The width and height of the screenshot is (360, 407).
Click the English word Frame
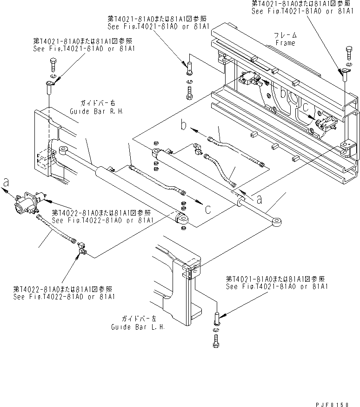(285, 42)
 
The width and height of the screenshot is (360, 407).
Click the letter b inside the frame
(283, 93)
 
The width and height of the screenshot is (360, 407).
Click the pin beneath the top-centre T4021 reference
(188, 67)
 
